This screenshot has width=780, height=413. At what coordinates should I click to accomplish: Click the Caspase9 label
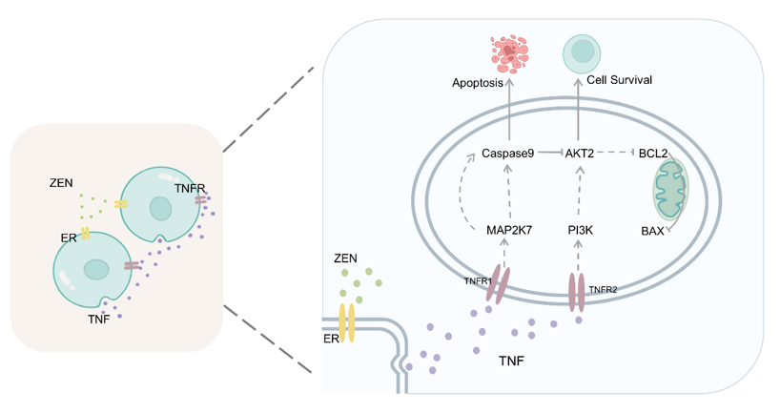[x=508, y=153]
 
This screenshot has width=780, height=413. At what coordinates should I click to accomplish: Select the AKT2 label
[x=580, y=153]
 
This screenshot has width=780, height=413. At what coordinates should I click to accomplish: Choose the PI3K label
[x=581, y=230]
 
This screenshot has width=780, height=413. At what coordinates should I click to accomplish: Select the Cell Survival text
[x=620, y=80]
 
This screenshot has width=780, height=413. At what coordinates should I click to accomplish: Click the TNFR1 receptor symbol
[x=501, y=284]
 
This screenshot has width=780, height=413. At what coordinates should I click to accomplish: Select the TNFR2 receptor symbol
[x=576, y=291]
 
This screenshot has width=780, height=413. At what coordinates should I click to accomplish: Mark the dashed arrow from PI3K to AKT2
[x=580, y=191]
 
